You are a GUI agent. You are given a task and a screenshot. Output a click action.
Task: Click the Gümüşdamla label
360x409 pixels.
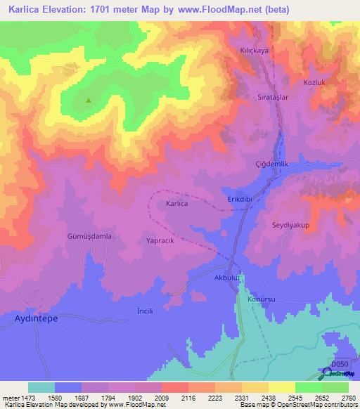pos(89,237)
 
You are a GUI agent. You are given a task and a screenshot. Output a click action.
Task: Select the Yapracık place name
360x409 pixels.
pos(160,240)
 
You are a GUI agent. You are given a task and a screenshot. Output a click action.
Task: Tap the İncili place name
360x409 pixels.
pos(144,310)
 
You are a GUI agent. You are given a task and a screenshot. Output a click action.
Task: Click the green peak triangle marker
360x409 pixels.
pos(89,100)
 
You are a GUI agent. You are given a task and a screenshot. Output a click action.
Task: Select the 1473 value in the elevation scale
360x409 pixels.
pos(27,398)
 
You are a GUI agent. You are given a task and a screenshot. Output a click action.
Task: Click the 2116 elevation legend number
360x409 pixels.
pos(188,398)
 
